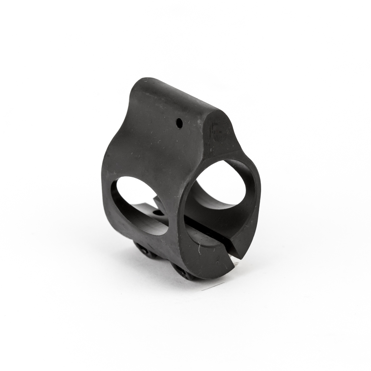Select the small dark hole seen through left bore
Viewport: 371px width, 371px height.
click(157, 212)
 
